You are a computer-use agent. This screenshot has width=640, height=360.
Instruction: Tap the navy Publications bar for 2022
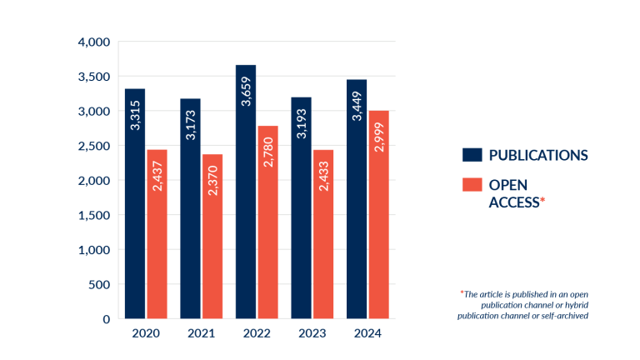coord(246,192)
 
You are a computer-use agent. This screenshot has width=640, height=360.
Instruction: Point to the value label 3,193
coord(301,120)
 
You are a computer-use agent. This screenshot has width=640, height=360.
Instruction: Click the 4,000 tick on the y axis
coord(93,42)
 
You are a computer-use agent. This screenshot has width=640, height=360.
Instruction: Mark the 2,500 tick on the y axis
coord(93,146)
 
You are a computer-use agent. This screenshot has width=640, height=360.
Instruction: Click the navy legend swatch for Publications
coord(472,154)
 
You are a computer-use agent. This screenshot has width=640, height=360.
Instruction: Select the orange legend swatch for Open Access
coord(472,184)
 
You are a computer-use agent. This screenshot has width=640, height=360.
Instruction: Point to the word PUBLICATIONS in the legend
coord(538,155)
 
